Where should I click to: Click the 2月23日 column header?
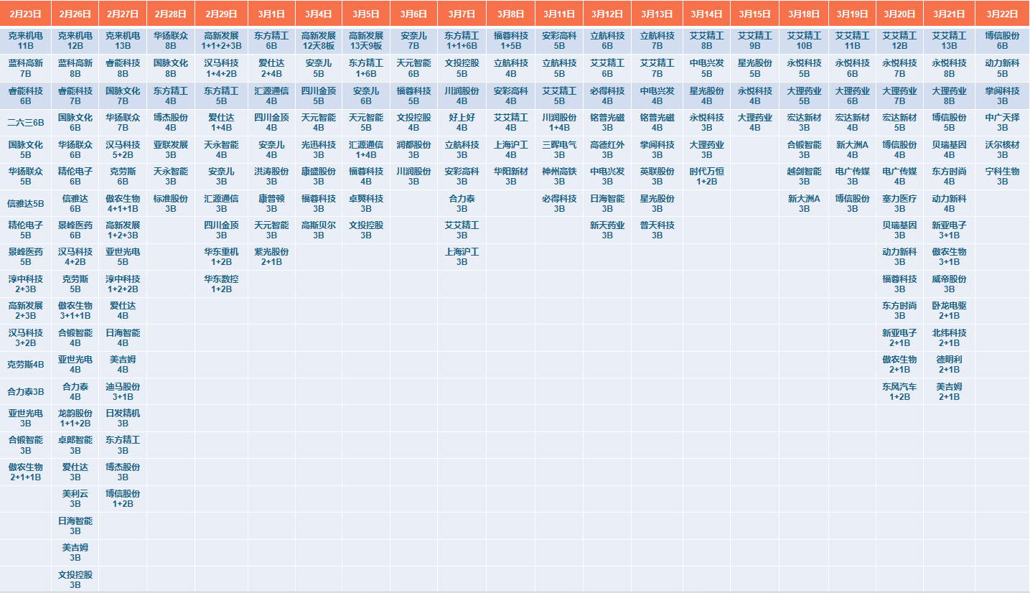tap(25, 14)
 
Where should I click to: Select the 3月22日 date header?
tap(1002, 14)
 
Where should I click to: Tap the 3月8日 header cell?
tap(510, 14)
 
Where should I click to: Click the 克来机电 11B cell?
tap(25, 40)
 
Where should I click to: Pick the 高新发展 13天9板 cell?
tap(366, 40)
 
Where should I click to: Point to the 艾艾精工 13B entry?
tap(949, 40)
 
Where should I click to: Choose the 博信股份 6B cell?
tap(1002, 40)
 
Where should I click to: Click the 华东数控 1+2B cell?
tap(221, 284)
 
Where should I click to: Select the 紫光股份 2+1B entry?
tap(271, 257)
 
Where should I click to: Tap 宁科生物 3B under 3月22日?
tap(1002, 177)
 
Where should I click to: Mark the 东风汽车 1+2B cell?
tap(899, 391)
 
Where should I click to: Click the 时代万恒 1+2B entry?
tap(707, 177)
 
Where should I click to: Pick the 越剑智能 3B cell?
tap(804, 177)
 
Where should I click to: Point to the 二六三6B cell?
tap(25, 122)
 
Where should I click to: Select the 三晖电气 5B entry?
tap(559, 149)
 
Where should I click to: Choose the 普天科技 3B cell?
tap(657, 230)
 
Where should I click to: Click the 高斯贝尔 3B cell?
tap(318, 230)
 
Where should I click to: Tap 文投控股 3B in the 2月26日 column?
tap(75, 579)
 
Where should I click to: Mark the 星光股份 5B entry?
tap(754, 68)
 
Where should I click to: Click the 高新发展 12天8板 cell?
tap(318, 40)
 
